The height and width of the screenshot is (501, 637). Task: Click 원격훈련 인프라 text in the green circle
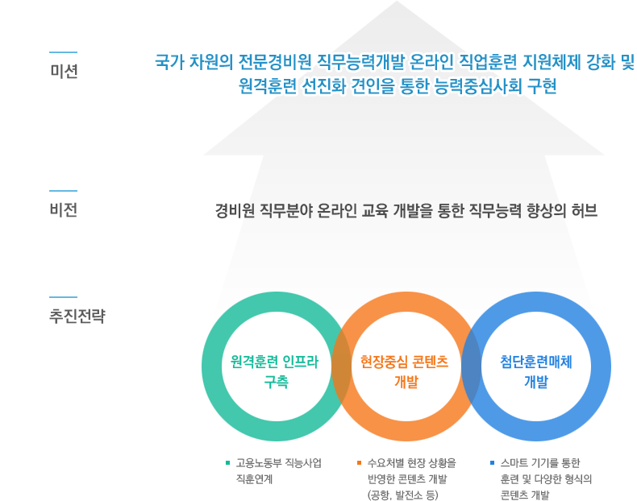coord(275,362)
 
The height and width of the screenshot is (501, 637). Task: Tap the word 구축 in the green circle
coord(276,382)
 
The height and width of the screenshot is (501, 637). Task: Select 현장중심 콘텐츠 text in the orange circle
coord(404,362)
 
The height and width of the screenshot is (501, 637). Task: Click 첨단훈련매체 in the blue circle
coord(536,362)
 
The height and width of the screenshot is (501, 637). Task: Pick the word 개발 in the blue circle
coord(536,382)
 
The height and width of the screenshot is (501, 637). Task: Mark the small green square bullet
coord(228,462)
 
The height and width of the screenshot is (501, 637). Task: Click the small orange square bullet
coord(359,462)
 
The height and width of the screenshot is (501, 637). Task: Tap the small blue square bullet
coord(492,462)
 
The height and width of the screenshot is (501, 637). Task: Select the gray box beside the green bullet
coord(278,470)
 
